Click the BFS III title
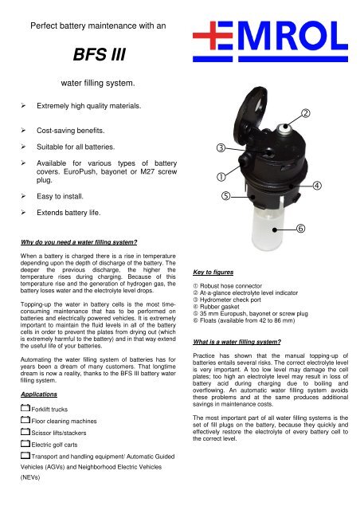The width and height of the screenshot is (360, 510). coord(98,57)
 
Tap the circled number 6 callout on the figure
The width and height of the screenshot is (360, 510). coord(303,229)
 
